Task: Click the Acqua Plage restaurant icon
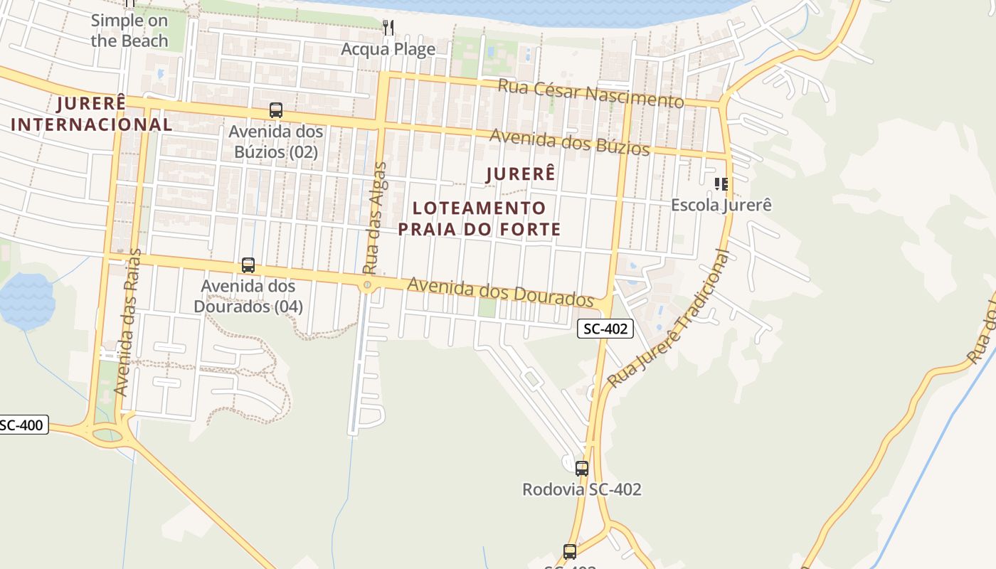[x=388, y=28]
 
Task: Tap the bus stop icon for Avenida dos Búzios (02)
[x=276, y=110]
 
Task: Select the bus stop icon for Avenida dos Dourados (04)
[x=248, y=265]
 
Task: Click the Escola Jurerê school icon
[x=721, y=184]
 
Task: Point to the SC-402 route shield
[x=605, y=329]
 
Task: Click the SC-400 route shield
[x=21, y=425]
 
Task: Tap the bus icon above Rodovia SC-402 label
[x=582, y=468]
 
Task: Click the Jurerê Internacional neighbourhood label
[x=92, y=114]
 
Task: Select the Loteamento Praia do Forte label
[x=480, y=218]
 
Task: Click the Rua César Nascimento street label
[x=590, y=93]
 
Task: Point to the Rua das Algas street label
[x=374, y=218]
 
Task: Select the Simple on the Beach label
[x=129, y=31]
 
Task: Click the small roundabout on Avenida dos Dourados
[x=367, y=285]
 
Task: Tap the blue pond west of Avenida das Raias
[x=27, y=300]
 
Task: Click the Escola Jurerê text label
[x=721, y=205]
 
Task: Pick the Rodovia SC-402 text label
[x=582, y=489]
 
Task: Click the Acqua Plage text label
[x=388, y=49]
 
